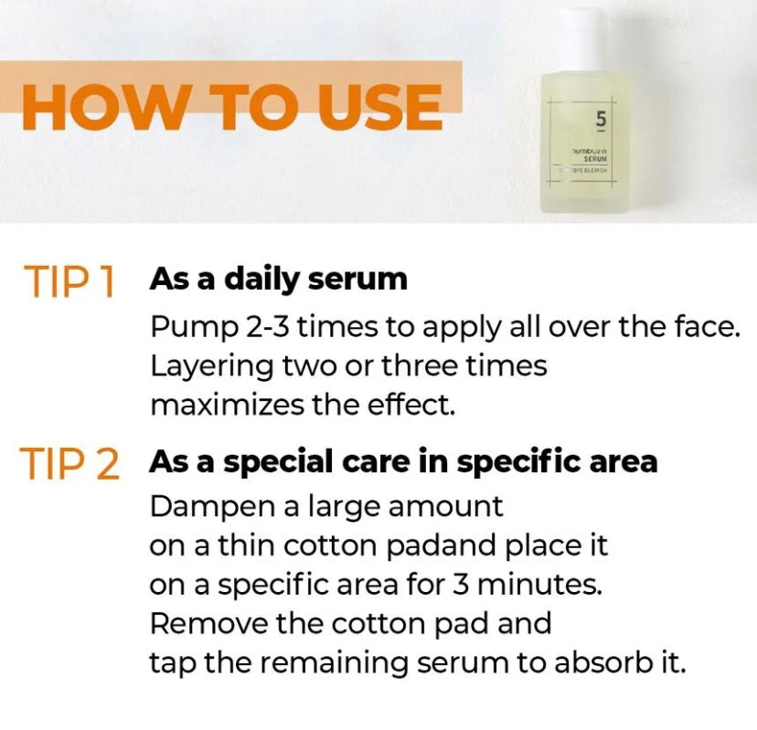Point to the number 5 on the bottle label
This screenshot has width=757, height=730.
601,119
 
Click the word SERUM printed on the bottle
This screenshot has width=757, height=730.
595,157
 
